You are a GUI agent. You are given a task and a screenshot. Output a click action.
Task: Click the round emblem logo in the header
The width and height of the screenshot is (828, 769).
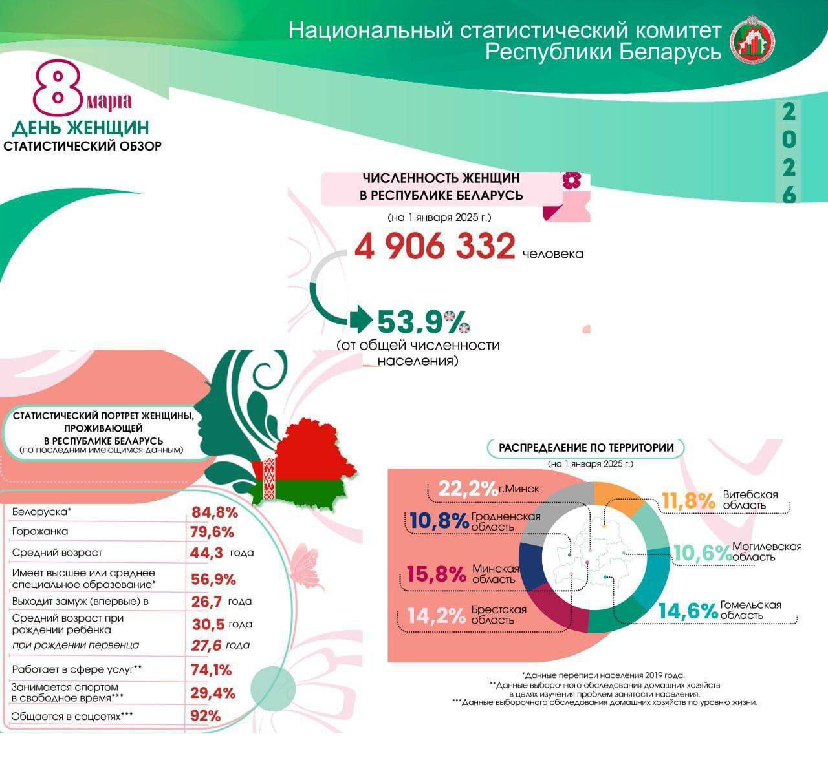pyautogui.click(x=753, y=39)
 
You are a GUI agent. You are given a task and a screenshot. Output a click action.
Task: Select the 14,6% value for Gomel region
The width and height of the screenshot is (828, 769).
pyautogui.click(x=688, y=611)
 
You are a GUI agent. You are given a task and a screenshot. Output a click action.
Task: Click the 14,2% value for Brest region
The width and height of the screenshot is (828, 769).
pyautogui.click(x=437, y=615)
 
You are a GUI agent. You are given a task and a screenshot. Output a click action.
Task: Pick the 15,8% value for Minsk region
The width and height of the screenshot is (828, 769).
pyautogui.click(x=436, y=574)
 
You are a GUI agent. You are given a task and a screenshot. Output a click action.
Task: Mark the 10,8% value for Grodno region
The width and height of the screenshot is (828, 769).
pyautogui.click(x=439, y=521)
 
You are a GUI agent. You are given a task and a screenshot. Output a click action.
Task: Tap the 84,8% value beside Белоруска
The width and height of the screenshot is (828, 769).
pyautogui.click(x=215, y=513)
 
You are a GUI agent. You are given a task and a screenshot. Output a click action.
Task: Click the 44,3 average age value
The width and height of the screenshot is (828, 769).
pyautogui.click(x=207, y=553)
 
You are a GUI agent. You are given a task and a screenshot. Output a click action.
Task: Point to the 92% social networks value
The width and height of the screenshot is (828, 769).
pyautogui.click(x=206, y=716)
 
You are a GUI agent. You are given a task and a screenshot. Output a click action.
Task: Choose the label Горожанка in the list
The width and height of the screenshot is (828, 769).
pyautogui.click(x=40, y=532)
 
